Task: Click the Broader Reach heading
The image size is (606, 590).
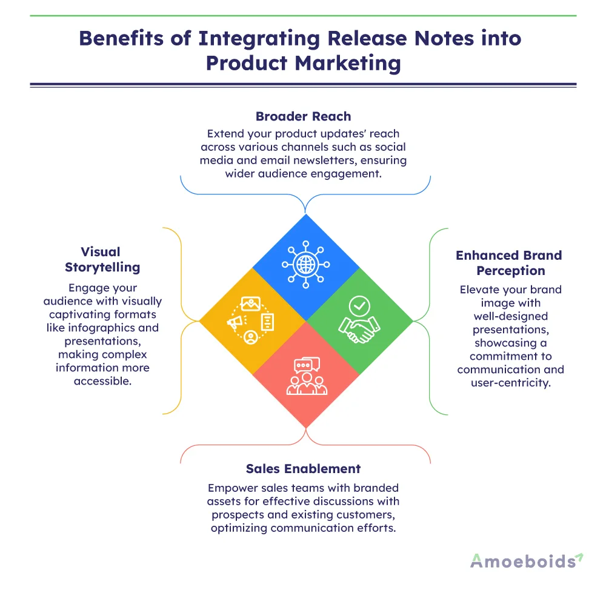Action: click(x=303, y=116)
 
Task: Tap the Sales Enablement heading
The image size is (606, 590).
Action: click(x=303, y=468)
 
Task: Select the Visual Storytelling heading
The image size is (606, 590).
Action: click(x=101, y=259)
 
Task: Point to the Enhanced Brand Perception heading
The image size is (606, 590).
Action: click(x=509, y=263)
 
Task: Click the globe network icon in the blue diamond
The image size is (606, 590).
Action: click(x=305, y=264)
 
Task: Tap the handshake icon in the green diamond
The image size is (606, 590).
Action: click(x=359, y=320)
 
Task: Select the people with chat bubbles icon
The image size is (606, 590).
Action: click(x=307, y=377)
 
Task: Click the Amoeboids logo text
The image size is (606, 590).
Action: click(x=522, y=561)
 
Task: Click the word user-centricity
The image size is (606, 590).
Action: click(x=511, y=383)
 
